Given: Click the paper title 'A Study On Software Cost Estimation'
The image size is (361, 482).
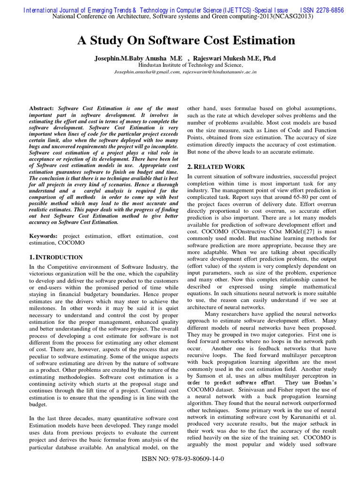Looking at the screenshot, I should (186, 40).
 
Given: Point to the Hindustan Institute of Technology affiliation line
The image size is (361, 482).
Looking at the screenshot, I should (191, 65).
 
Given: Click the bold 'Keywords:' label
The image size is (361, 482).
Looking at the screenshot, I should (44, 235).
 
